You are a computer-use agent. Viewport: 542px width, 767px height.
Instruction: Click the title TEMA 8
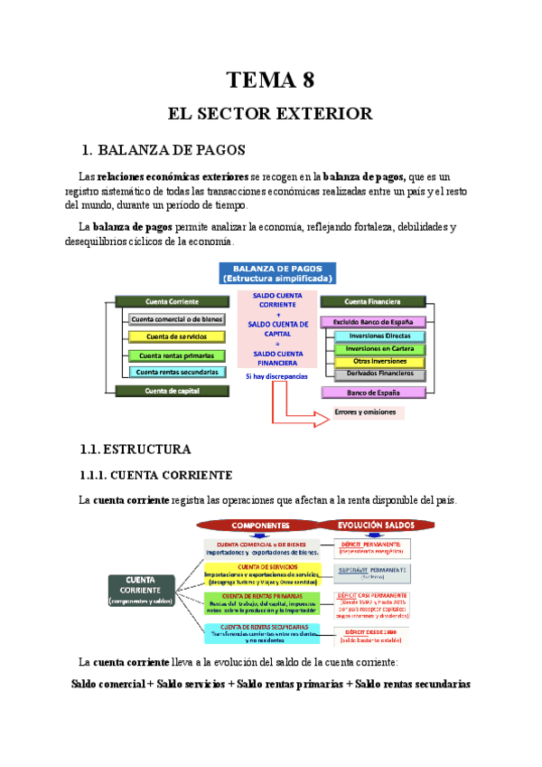(270, 80)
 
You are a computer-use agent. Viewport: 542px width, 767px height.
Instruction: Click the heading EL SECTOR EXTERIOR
(270, 114)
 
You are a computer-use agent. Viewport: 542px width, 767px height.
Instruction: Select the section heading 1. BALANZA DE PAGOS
(163, 149)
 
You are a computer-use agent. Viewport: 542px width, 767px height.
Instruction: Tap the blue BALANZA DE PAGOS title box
(277, 273)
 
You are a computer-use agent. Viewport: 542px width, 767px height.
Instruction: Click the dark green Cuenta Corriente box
(172, 301)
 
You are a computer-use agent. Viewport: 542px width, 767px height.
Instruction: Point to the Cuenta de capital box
(172, 391)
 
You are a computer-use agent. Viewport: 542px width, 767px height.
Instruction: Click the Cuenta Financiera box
(372, 301)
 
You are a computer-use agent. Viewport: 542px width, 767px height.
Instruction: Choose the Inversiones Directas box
(378, 336)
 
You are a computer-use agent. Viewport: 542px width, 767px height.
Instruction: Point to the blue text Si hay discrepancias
(276, 375)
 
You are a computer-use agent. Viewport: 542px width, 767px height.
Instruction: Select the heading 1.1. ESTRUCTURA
(135, 449)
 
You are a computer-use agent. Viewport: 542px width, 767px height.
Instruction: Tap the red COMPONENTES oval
(260, 525)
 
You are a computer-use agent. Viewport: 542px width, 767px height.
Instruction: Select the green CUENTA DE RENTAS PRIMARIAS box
(261, 603)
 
